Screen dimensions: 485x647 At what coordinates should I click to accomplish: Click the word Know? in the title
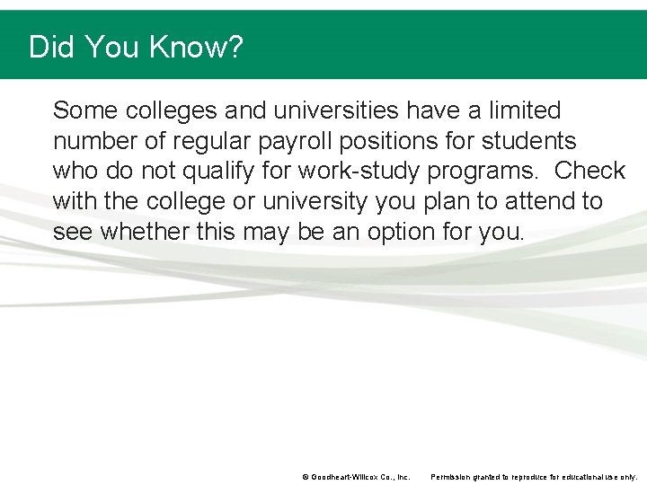(199, 47)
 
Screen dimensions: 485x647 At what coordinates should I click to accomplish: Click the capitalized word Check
(589, 172)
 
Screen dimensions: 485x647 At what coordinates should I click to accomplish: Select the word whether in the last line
(145, 232)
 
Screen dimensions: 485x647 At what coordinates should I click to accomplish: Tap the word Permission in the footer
(456, 477)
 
